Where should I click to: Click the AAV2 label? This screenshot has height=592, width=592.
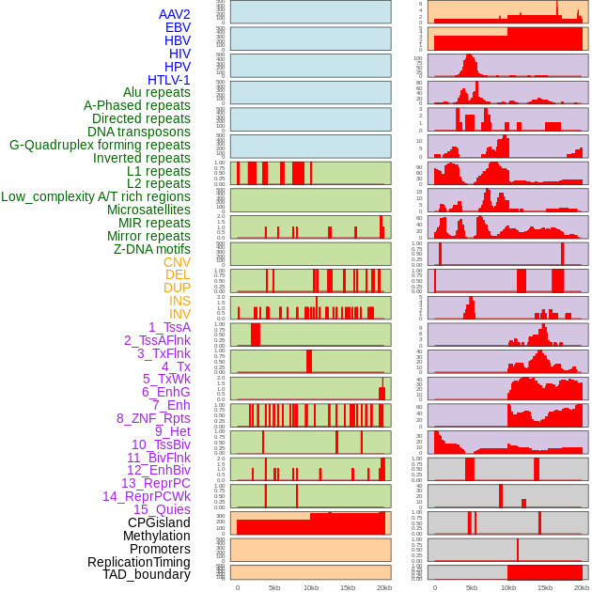tap(174, 14)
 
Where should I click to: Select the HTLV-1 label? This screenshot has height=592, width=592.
tap(168, 80)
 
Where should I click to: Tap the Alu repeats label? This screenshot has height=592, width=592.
tap(156, 92)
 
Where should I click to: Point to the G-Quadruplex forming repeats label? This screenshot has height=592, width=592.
tap(100, 145)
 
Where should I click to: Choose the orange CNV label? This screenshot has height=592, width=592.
tap(177, 262)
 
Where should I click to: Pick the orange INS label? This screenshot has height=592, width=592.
tap(179, 301)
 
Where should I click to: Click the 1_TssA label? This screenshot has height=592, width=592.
tap(169, 327)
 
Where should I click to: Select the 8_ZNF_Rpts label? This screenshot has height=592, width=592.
tap(153, 418)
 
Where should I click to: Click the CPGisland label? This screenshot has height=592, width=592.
tap(159, 522)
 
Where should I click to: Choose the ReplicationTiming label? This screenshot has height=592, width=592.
tap(138, 562)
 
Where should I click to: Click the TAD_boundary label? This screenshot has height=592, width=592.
tap(146, 574)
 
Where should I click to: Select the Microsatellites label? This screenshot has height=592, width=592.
tap(148, 210)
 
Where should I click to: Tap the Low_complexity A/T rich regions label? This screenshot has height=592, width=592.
tap(96, 196)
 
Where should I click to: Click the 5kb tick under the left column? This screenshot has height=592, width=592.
tap(274, 587)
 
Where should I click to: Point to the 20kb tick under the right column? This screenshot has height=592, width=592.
tap(582, 587)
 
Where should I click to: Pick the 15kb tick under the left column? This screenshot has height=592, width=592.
tap(348, 587)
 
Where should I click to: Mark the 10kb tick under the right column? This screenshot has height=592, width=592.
tap(508, 587)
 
